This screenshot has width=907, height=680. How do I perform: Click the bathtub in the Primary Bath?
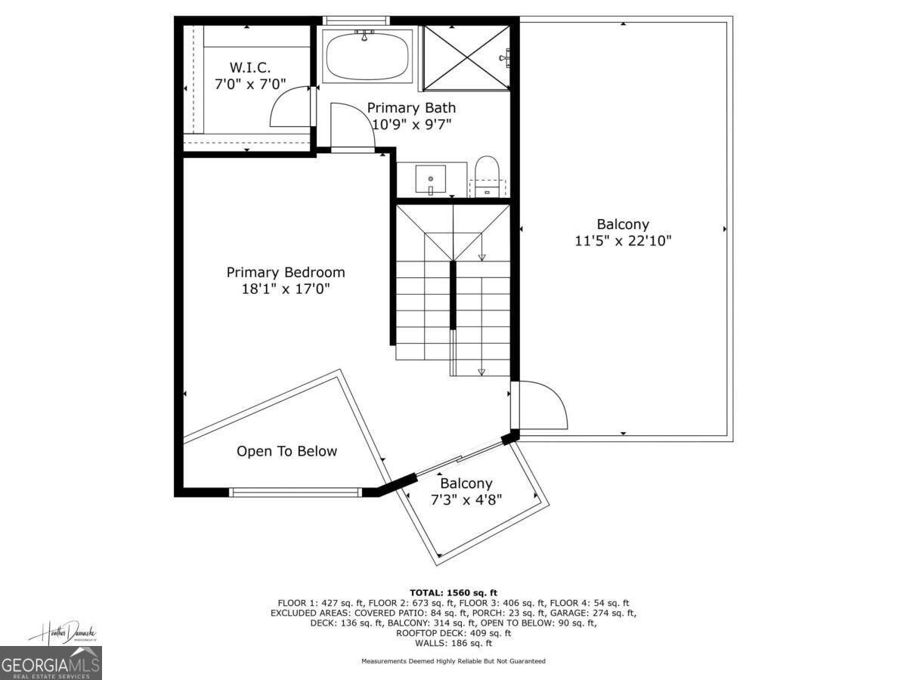367,55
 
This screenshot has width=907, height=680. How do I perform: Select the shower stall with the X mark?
465,57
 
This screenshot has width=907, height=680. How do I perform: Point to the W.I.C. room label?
250,68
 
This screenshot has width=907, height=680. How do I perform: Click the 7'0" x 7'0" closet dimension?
250,85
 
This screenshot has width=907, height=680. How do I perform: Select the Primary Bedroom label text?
286,272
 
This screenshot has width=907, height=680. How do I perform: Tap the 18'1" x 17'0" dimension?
286,289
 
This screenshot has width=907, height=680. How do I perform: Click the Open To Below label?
286,451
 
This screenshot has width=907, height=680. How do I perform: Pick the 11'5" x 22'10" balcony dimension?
623,241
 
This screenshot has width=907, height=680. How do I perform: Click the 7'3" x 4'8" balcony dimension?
466,499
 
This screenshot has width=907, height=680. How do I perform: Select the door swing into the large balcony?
540,405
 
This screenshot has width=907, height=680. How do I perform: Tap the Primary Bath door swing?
351,125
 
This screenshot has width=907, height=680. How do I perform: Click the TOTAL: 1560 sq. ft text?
453,592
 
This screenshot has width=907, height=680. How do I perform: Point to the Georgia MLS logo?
51,663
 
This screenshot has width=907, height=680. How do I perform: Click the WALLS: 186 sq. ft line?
453,643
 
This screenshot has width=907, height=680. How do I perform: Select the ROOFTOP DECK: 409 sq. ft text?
453,633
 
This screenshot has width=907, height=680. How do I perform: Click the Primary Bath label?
411,107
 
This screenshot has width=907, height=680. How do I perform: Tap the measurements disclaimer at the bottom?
453,661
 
